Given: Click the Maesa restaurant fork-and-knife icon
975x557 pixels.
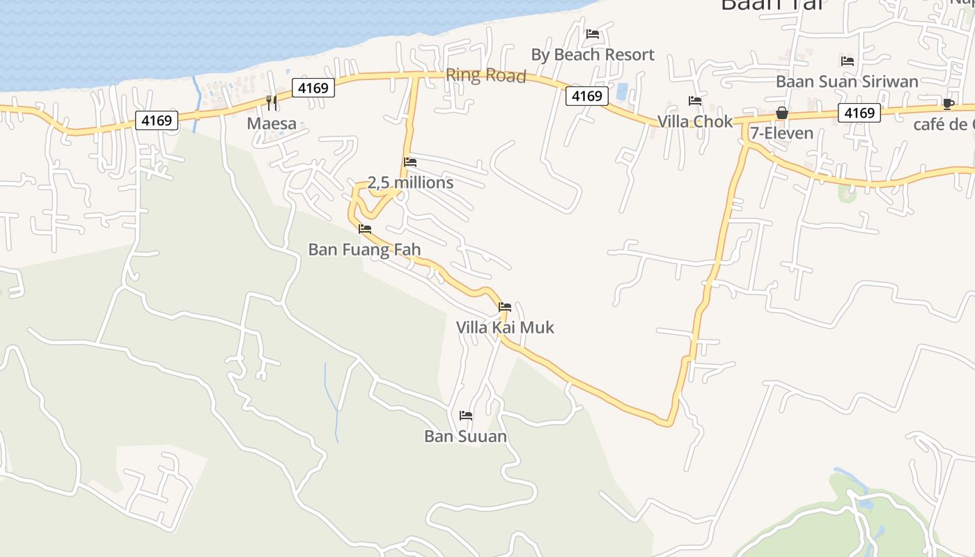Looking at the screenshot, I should click(272, 102).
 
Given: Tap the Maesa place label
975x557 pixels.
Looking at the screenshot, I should click(272, 124).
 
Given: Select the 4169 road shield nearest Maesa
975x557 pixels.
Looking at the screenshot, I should click(313, 88).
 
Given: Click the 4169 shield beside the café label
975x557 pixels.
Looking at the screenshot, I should click(859, 113).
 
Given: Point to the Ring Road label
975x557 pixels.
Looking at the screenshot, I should click(485, 75).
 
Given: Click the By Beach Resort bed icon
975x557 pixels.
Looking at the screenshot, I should click(593, 33).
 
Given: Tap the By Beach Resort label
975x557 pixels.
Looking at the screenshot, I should click(593, 54).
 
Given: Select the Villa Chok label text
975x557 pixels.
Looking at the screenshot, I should click(695, 122).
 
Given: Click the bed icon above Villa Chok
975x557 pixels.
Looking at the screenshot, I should click(695, 101).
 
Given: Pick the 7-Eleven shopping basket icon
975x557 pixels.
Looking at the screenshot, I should click(781, 113).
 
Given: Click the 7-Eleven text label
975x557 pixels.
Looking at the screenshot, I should click(781, 132).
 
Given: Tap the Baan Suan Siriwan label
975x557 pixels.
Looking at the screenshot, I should click(847, 81).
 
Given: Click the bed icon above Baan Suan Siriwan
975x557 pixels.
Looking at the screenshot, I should click(848, 61).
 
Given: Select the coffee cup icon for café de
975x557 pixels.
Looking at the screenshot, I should click(948, 104).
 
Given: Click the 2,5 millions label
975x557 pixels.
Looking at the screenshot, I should click(410, 182).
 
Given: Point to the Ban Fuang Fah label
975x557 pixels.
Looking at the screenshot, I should click(364, 249).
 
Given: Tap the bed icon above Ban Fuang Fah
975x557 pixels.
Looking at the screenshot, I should click(364, 229).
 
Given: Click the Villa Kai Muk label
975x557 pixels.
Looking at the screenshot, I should click(505, 327).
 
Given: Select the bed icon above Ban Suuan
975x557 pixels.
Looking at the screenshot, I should click(466, 416).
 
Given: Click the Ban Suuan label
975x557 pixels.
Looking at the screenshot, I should click(465, 437).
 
